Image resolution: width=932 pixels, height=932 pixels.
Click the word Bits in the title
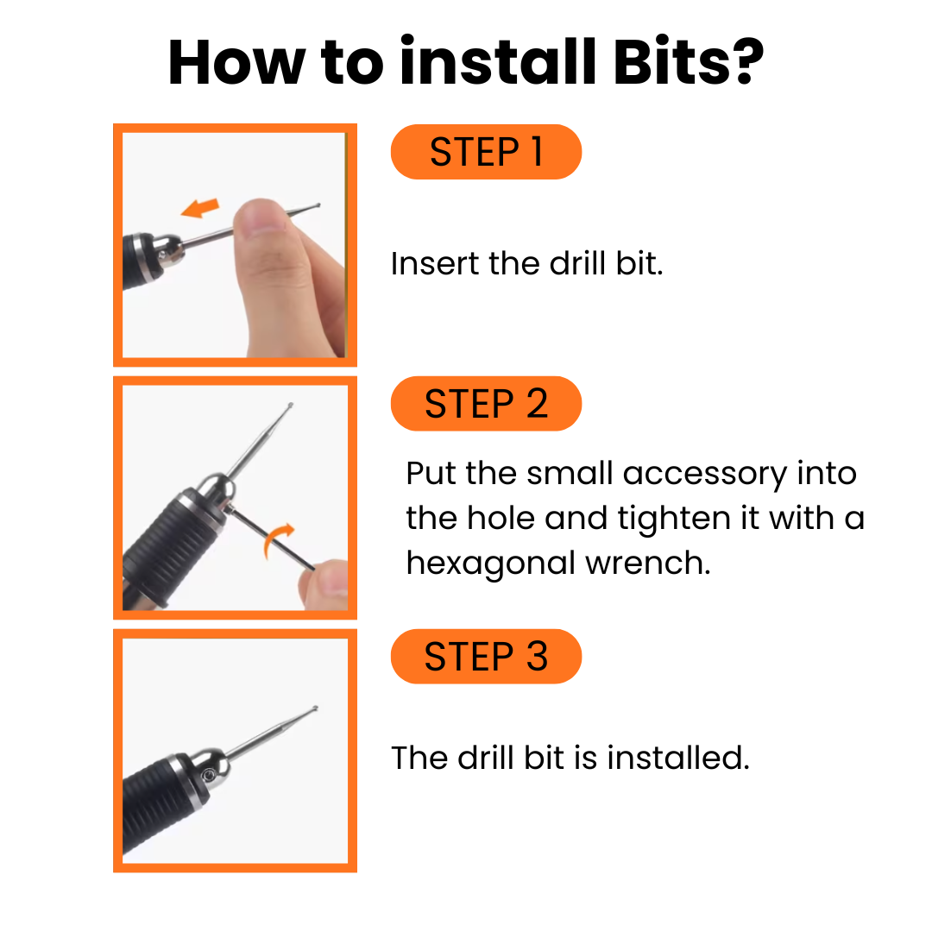[671, 62]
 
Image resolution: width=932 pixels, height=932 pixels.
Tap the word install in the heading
[498, 60]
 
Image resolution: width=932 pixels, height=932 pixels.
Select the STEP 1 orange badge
[486, 152]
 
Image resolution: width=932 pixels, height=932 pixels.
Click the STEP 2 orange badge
[486, 404]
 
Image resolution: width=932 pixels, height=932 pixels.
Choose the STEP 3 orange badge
[486, 656]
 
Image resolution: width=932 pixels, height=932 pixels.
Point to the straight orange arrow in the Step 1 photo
[200, 208]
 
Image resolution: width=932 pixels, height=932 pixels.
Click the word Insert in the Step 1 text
[434, 263]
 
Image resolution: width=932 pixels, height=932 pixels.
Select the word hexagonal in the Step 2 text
[490, 564]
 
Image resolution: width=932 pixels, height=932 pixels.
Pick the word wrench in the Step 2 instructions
[648, 564]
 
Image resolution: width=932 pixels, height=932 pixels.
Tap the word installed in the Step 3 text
[678, 758]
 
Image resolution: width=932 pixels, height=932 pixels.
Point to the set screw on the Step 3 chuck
[209, 775]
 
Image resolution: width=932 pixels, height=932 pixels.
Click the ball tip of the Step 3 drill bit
[315, 708]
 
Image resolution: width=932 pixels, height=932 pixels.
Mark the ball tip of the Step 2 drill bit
[290, 406]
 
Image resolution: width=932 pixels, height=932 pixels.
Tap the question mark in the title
[747, 60]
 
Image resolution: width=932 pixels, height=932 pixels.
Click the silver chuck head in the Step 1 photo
[168, 252]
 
